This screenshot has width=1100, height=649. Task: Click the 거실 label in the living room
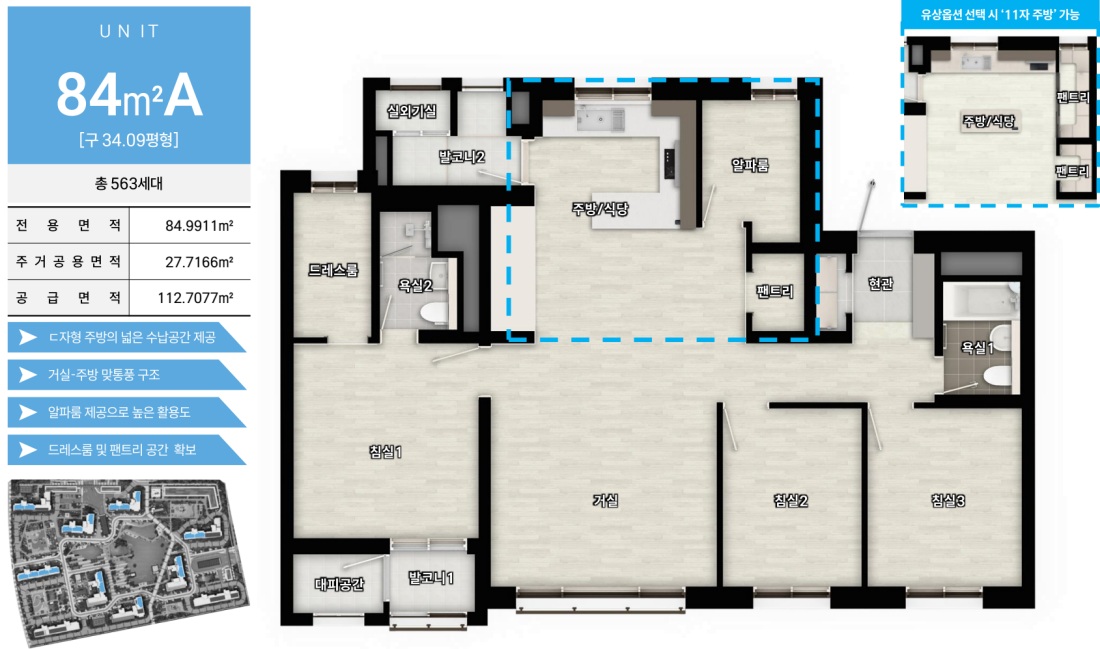pos(605,500)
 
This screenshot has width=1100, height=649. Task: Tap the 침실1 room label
pos(386,452)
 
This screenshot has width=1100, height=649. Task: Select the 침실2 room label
pos(791,500)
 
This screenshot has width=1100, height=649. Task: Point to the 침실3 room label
pos(948,500)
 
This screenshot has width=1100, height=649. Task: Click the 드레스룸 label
pos(333,269)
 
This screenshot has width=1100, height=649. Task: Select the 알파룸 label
pos(750,165)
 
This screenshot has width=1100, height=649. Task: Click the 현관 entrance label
pos(880,283)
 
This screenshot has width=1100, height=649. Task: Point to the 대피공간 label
pos(340,584)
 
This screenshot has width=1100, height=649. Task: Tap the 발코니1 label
pos(431,578)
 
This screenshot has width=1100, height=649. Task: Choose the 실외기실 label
pos(412,111)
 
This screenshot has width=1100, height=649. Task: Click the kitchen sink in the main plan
pos(600,119)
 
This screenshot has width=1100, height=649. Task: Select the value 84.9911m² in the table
pos(199,226)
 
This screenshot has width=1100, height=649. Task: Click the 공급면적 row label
pos(69,297)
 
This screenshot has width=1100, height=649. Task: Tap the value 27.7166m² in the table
pos(199,262)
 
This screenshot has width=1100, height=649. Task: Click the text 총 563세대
pos(129,184)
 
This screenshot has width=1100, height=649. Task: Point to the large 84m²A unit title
pos(129,95)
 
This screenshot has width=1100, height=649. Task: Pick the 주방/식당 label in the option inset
pos(988,121)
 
